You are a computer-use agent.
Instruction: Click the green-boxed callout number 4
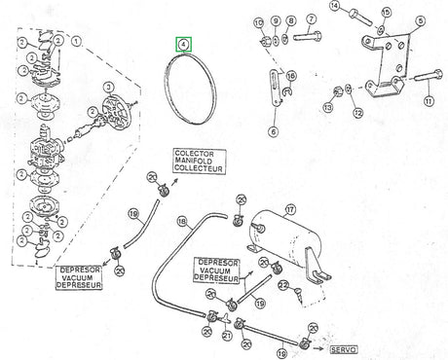point(184,44)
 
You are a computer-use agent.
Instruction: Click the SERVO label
point(344,349)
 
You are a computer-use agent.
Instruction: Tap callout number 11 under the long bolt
point(428,100)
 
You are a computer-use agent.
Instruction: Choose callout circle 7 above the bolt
point(310,18)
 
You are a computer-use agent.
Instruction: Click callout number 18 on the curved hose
point(181,222)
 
